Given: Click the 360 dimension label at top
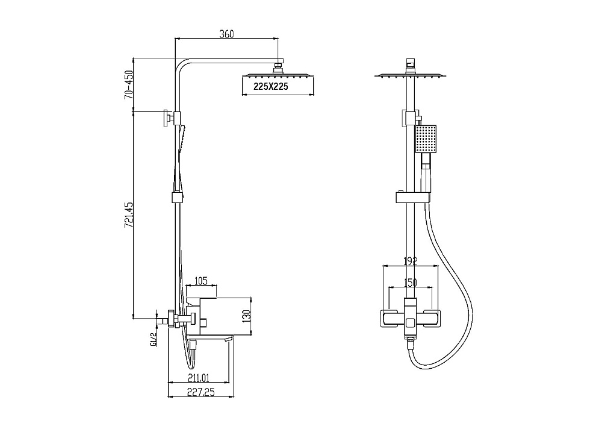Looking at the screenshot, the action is click(x=226, y=34).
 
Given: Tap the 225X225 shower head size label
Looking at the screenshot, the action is click(x=271, y=86).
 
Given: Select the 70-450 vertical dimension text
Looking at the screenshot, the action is click(x=128, y=85).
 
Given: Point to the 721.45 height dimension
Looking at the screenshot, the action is click(x=128, y=215).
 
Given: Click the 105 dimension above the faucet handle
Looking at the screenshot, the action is click(x=201, y=281).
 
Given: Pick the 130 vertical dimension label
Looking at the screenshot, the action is click(x=246, y=315).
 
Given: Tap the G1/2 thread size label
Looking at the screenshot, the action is click(x=153, y=340).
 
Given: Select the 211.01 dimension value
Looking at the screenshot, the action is click(x=199, y=378).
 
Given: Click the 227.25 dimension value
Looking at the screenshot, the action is click(x=201, y=392).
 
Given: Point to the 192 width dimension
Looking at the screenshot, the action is click(x=410, y=262).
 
